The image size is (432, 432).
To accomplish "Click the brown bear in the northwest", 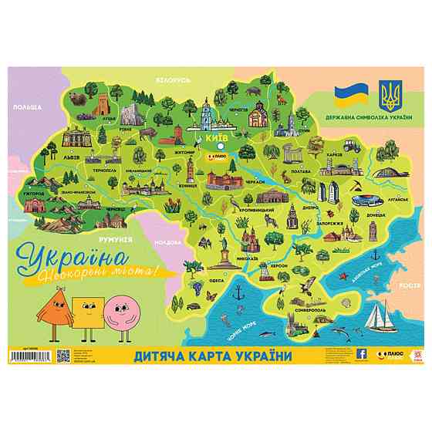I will coord(77,99).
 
